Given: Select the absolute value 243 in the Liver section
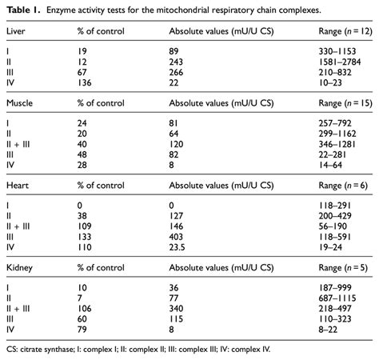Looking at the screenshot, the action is [x=177, y=62].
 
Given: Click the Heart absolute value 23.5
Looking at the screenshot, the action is [x=178, y=249].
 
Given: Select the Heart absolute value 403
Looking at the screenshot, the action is [x=177, y=236].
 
